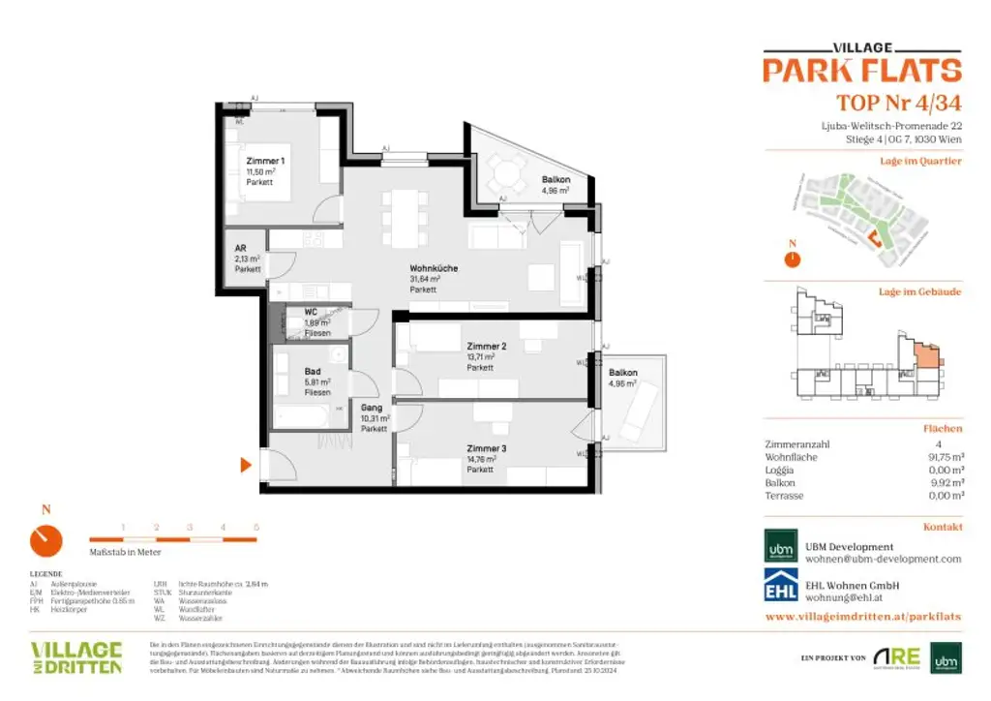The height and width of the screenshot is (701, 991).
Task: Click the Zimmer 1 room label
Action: [265, 160]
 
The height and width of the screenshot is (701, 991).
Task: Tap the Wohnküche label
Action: [434, 268]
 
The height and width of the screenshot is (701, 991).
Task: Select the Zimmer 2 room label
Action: [486, 347]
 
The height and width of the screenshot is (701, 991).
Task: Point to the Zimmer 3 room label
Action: [486, 449]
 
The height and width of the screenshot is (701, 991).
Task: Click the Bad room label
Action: [312, 371]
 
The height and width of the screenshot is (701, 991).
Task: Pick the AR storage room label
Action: [240, 248]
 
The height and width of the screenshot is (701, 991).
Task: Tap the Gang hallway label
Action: [372, 408]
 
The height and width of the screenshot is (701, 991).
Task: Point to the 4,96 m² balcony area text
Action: [555, 191]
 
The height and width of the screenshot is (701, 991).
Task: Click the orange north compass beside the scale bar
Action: [45, 540]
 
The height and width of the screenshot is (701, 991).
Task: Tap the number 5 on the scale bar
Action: [255, 527]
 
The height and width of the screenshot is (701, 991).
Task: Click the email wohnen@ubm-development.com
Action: [884, 560]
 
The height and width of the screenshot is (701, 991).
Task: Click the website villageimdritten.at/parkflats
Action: [862, 616]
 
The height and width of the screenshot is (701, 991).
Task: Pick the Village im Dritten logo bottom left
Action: [75, 657]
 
